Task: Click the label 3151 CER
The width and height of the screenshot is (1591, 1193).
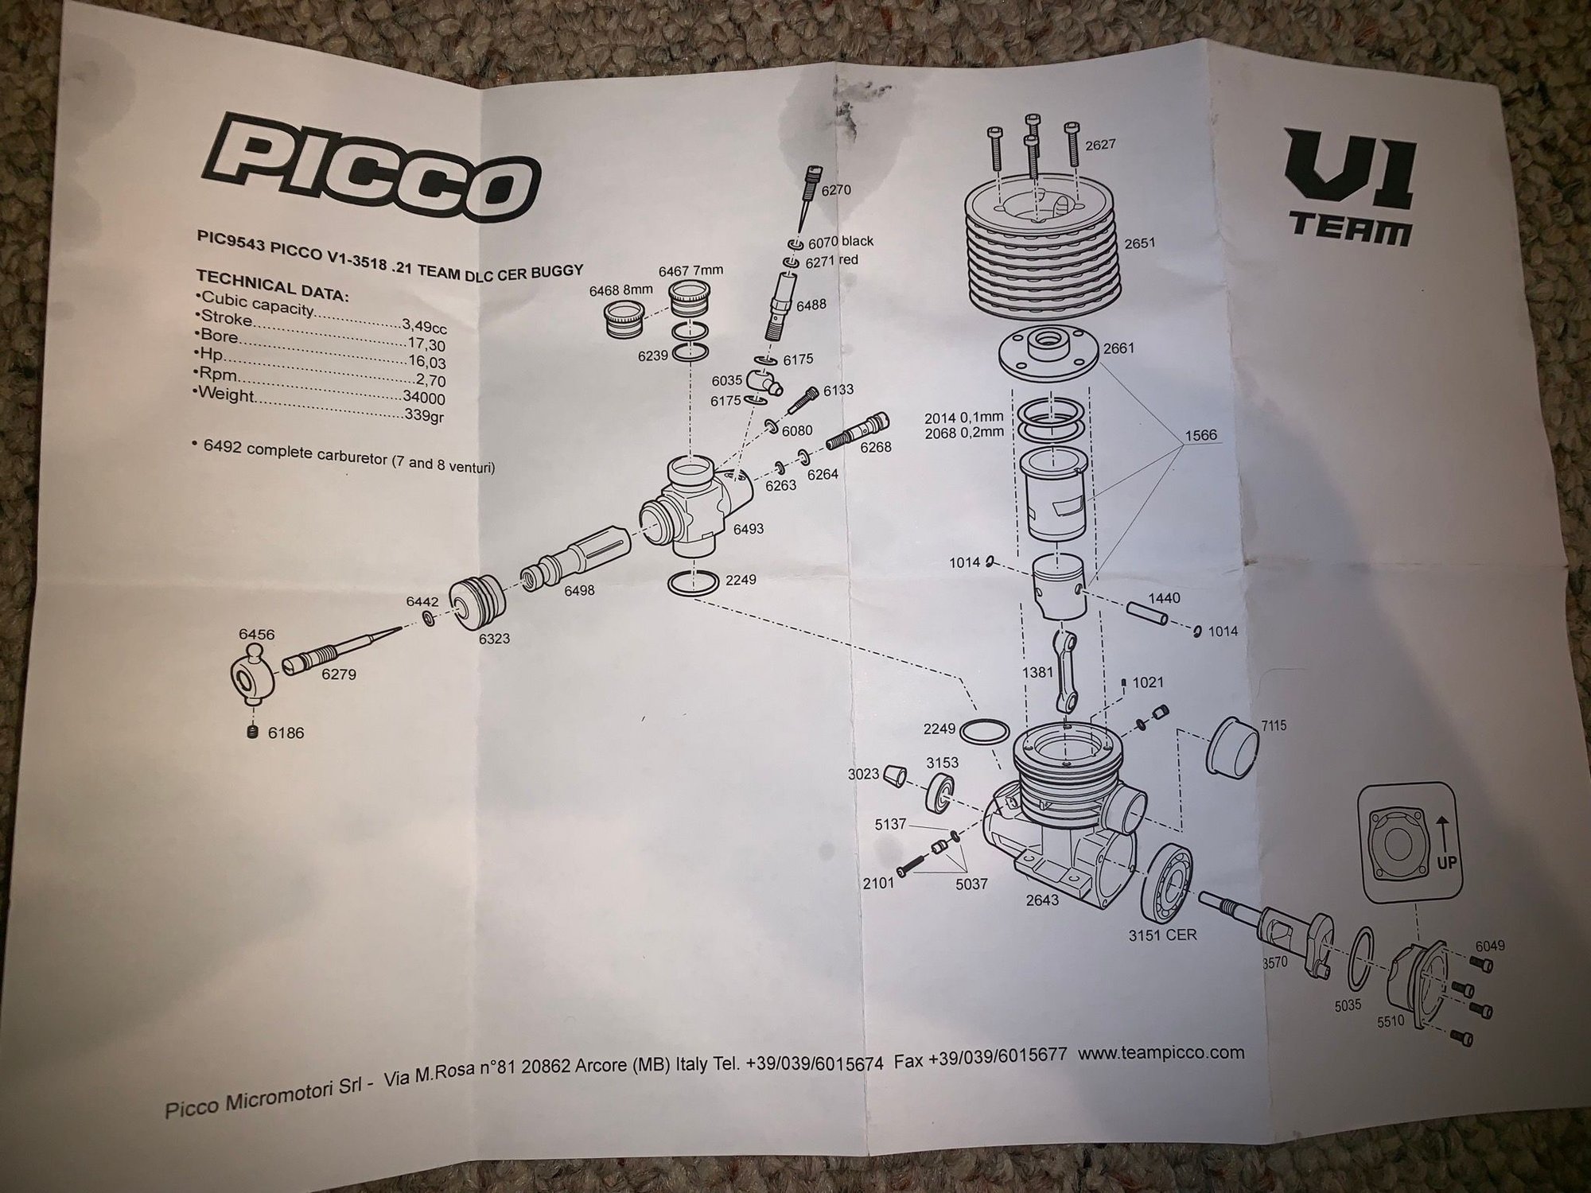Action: [1162, 935]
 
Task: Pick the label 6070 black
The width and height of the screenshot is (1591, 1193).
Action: [840, 241]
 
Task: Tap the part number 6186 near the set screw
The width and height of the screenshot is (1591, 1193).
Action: [286, 733]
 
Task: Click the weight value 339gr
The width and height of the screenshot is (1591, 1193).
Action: [423, 414]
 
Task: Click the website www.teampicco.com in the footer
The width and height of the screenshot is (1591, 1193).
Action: [1161, 1054]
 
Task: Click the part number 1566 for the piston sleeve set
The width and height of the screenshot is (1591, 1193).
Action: [1200, 436]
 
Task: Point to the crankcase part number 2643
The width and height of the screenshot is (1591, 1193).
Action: [1041, 900]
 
